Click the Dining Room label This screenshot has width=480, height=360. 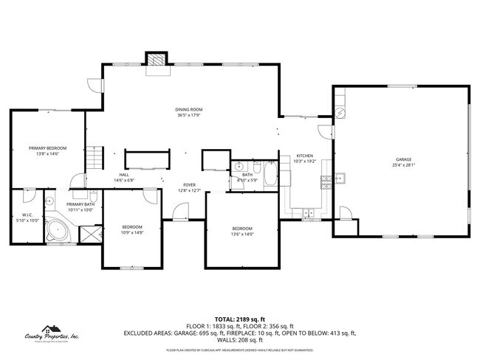tap(189, 109)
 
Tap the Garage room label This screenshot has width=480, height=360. tap(403, 159)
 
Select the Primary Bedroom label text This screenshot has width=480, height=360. tap(47, 148)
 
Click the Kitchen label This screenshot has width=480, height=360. tap(305, 156)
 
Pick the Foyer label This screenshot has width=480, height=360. tap(189, 185)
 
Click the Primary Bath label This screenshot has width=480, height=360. tap(80, 204)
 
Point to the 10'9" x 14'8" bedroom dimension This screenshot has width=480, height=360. tap(131, 232)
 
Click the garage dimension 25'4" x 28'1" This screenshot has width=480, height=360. tap(403, 165)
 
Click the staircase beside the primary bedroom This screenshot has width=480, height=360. tap(94, 157)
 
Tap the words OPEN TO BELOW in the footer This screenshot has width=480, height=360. tap(319, 333)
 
